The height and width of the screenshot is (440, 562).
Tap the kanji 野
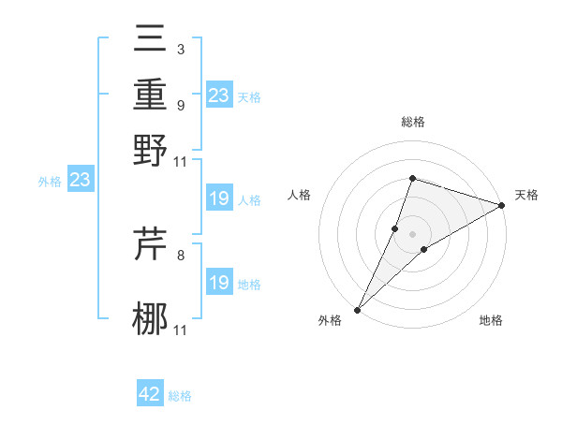pyautogui.click(x=151, y=150)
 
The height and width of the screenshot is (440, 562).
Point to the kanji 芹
pyautogui.click(x=151, y=243)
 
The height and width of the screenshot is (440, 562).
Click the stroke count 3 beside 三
pyautogui.click(x=180, y=49)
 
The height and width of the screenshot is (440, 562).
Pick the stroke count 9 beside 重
pyautogui.click(x=180, y=105)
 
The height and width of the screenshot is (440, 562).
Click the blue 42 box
pyautogui.click(x=150, y=394)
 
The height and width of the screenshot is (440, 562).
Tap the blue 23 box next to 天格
pyautogui.click(x=219, y=95)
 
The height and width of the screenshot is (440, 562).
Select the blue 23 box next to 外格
pyautogui.click(x=80, y=179)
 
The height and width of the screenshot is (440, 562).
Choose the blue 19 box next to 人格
pyautogui.click(x=219, y=198)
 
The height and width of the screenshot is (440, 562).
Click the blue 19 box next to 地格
pyautogui.click(x=219, y=282)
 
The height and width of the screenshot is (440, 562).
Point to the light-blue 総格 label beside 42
pyautogui.click(x=180, y=396)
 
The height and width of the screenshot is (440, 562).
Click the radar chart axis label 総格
pyautogui.click(x=412, y=122)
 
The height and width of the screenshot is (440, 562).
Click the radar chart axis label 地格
pyautogui.click(x=491, y=321)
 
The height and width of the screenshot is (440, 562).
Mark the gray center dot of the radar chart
pyautogui.click(x=412, y=234)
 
